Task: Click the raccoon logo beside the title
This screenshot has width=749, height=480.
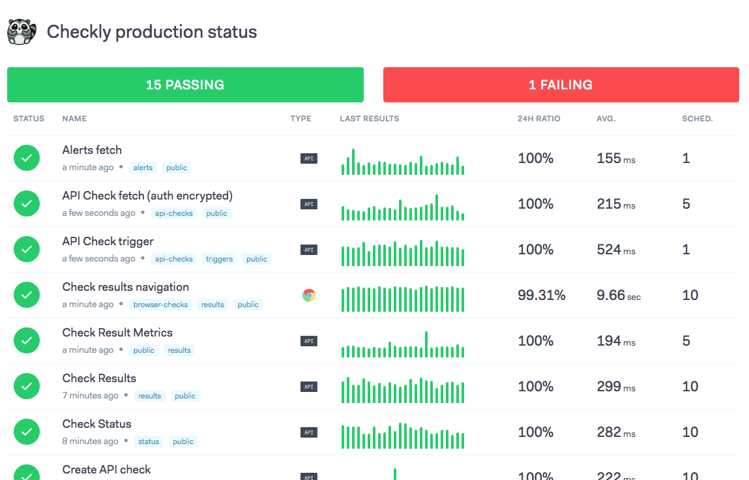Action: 21,32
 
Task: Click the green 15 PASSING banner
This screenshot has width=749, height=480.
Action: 185,85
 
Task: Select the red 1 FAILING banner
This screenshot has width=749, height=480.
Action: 561,85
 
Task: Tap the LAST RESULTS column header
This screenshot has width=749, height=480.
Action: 369,119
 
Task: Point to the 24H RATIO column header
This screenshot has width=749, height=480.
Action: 538,119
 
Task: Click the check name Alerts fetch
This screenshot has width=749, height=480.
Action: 92,150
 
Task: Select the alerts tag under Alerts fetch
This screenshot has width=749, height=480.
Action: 143,168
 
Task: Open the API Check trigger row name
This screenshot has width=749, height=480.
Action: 108,241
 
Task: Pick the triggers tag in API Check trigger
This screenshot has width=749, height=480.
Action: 219,259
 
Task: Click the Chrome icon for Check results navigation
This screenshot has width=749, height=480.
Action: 309,295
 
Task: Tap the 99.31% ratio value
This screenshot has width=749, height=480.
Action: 541,295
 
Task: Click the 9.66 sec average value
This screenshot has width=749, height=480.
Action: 618,295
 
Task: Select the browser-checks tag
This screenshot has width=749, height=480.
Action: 160,305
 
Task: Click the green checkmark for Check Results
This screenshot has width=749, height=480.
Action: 27,386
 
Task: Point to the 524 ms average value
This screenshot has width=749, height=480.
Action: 615,250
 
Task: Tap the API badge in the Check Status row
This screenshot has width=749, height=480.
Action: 309,432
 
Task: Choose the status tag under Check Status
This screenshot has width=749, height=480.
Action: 149,442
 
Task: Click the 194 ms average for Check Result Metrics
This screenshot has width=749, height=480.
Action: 615,341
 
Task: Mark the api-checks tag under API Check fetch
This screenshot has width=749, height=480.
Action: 173,213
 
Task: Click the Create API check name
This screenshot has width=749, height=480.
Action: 106,470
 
